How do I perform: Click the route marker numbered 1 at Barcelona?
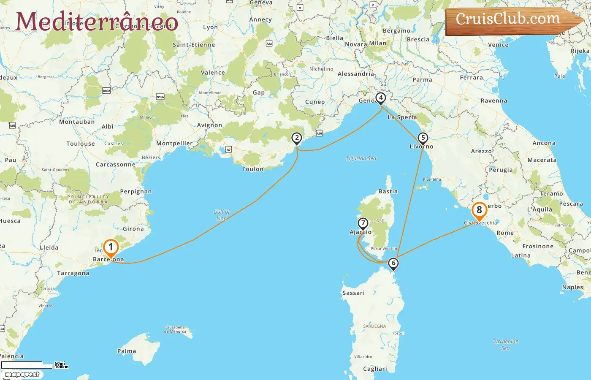coord(111,247)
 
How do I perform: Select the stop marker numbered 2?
coord(297,138)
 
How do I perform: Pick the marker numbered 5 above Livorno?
coord(423,138)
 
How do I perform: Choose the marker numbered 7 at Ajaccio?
coord(363,223)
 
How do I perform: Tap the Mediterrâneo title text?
coord(97,22)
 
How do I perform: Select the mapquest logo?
coord(22,375)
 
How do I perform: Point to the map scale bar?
coord(27,365)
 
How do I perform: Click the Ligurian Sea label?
coord(361,158)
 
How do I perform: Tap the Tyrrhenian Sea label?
coord(505,345)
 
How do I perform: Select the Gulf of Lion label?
coord(222,215)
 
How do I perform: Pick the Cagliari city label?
coord(375,369)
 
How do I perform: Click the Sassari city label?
coord(353,293)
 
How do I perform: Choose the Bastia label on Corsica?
coord(388,191)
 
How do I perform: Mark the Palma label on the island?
coord(127,351)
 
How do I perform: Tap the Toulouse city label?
coord(81,144)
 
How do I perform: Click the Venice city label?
coord(498,45)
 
